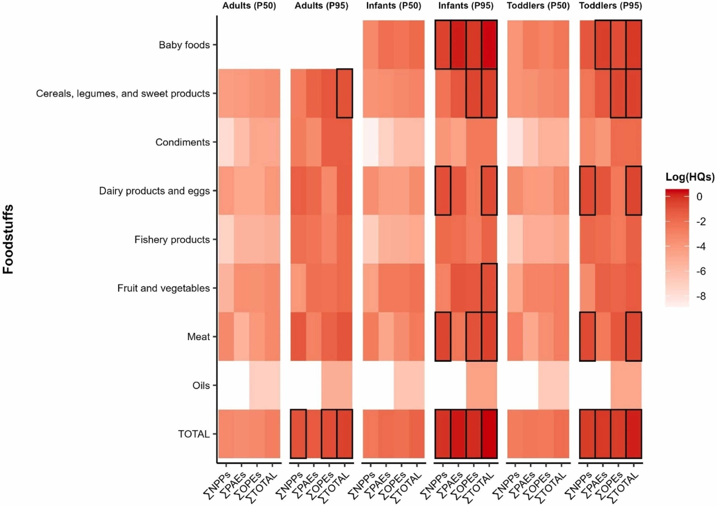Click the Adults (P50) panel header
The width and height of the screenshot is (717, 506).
[249, 6]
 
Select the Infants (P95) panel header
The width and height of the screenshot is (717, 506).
[466, 6]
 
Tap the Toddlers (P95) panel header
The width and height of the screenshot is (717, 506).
[610, 6]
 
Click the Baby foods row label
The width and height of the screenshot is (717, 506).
[184, 45]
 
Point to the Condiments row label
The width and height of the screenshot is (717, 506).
[182, 142]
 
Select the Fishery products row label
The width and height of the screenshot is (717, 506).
[172, 240]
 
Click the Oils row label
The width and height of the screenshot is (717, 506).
[201, 386]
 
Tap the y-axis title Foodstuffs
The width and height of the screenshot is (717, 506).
[8, 239]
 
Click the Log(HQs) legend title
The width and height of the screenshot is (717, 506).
[690, 177]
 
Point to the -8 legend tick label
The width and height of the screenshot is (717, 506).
[701, 296]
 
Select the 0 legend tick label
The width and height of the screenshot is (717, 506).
[699, 197]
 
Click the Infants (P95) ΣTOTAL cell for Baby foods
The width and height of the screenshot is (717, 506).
[489, 44]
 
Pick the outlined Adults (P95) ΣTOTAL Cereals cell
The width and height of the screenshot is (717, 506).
[345, 93]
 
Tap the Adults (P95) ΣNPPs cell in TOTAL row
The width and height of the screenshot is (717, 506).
[298, 434]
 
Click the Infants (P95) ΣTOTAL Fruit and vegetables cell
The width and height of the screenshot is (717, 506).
[489, 288]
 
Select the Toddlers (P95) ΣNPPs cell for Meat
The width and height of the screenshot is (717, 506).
[588, 336]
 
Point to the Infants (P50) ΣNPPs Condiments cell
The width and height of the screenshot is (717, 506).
[371, 142]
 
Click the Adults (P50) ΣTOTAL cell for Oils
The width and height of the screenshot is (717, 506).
[272, 385]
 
